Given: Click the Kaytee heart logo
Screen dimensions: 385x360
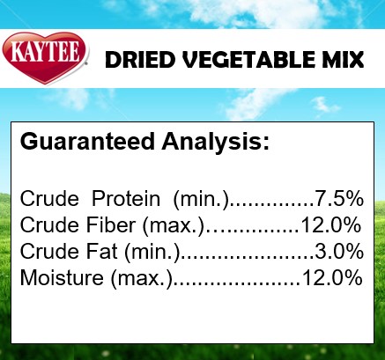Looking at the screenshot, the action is (45, 58).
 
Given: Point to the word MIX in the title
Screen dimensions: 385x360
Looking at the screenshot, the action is (343, 60).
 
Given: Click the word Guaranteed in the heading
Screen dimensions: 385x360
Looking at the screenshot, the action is (87, 142).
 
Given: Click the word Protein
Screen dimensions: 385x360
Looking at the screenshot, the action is (126, 198).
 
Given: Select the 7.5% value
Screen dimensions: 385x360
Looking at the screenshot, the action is (339, 198).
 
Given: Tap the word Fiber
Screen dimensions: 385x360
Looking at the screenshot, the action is (111, 225).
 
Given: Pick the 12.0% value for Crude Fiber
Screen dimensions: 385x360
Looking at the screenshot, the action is (331, 225).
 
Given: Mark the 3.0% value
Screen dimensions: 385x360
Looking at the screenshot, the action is (339, 252).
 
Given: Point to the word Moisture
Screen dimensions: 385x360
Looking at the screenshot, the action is (62, 277).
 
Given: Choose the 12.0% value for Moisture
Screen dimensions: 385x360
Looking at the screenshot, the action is (332, 277).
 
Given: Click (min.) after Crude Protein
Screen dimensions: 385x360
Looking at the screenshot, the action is (201, 200).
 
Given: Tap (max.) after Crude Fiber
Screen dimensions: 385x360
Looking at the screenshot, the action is (173, 226).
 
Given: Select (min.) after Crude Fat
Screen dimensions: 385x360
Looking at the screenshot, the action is (152, 253).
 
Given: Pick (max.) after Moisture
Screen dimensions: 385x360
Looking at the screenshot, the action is (141, 279).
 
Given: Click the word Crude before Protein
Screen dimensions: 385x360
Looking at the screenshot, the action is (49, 198).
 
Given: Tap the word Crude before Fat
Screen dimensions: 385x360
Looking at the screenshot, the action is (49, 252).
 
